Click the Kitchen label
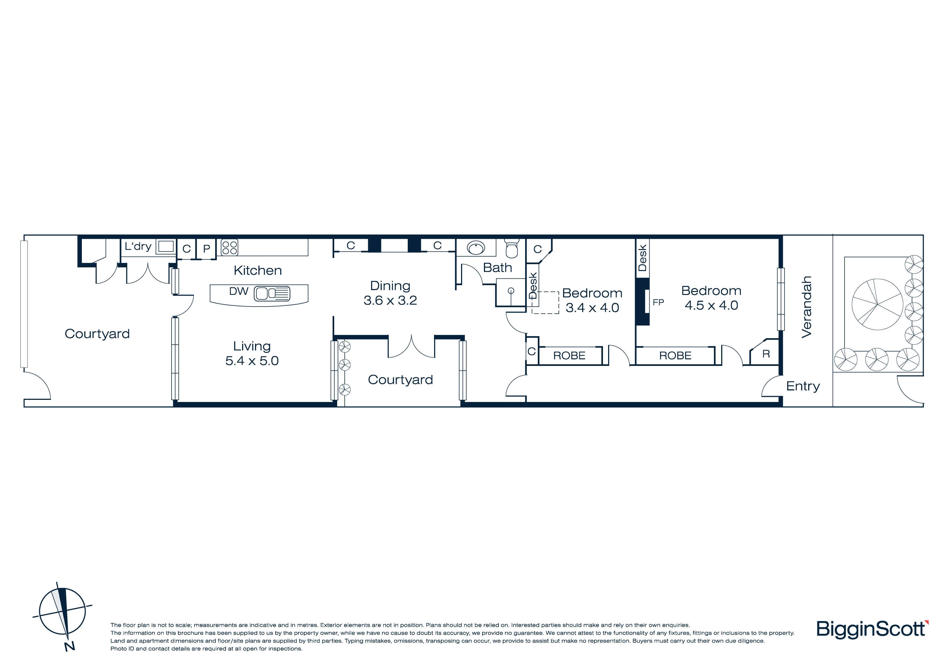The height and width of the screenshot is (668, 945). (x=258, y=270)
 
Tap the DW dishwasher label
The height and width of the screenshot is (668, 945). (x=239, y=291)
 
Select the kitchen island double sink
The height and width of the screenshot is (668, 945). (x=272, y=293)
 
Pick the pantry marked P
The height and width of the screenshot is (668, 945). (x=207, y=249)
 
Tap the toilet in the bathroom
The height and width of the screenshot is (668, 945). (x=512, y=248)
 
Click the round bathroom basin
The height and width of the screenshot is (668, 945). (x=476, y=248)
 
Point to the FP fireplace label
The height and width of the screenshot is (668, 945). (x=658, y=303)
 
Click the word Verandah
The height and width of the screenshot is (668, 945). (x=807, y=307)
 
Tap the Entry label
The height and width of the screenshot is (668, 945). (x=803, y=386)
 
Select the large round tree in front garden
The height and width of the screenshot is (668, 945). (x=877, y=304)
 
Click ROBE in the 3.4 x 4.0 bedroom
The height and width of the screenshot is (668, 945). (x=569, y=356)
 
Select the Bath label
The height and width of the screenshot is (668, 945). (x=498, y=268)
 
